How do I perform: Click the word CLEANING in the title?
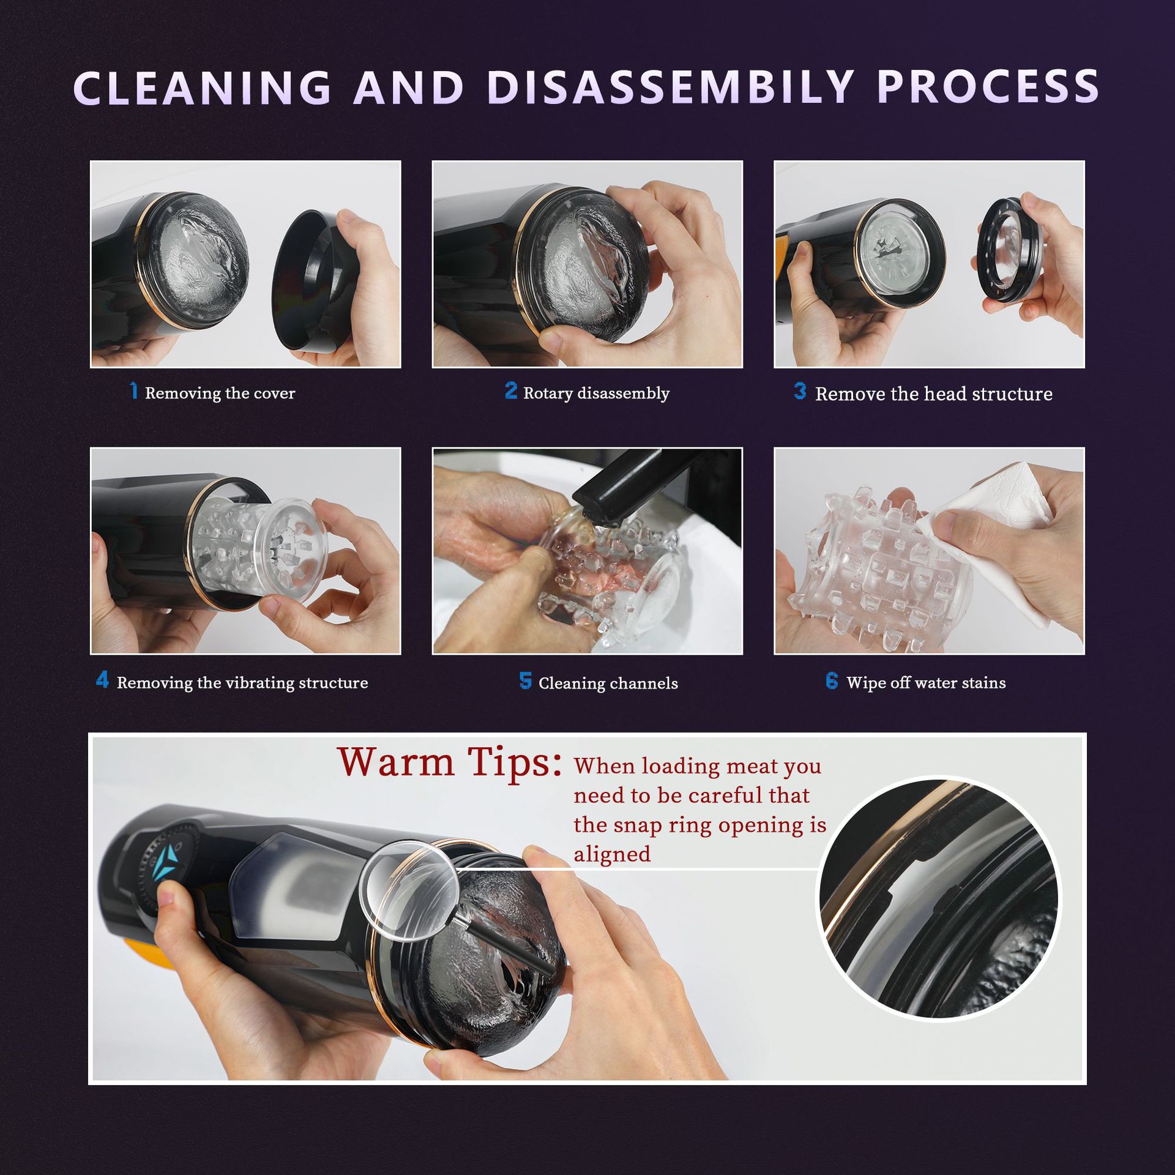click(x=203, y=87)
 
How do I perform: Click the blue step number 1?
click(x=134, y=390)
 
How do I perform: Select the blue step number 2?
click(x=511, y=390)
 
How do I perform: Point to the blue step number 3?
click(x=800, y=390)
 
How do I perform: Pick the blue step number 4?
click(x=102, y=680)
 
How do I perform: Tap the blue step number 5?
click(x=525, y=681)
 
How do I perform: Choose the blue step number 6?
click(x=832, y=680)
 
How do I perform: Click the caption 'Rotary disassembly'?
click(x=596, y=393)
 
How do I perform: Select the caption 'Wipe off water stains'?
click(x=926, y=682)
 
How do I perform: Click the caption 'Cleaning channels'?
click(x=608, y=683)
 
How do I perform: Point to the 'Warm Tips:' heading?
click(x=450, y=762)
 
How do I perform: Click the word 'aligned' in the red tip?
click(x=612, y=854)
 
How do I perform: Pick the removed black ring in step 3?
click(x=1010, y=251)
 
